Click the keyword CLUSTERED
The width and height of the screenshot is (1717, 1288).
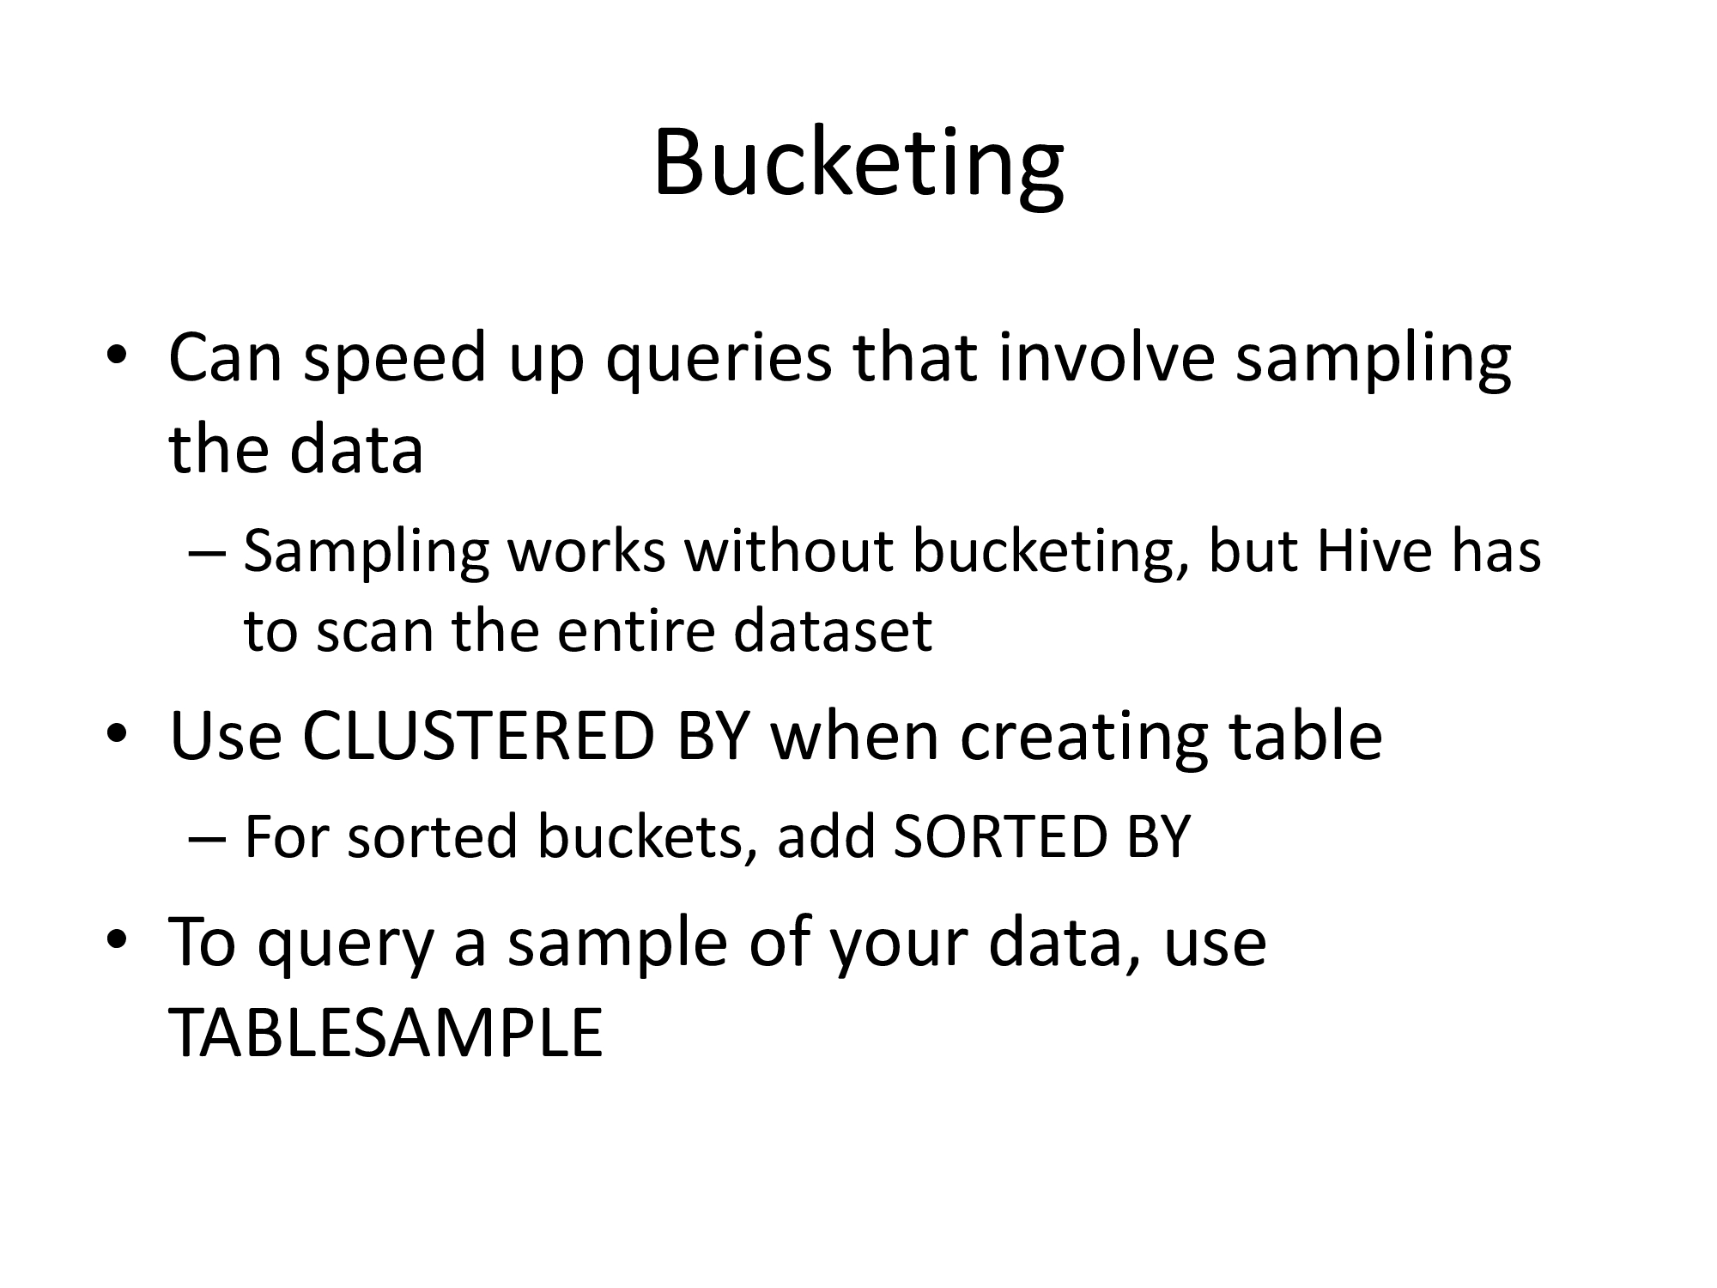coord(479,737)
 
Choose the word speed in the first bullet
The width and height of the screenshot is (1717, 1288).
coord(396,359)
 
